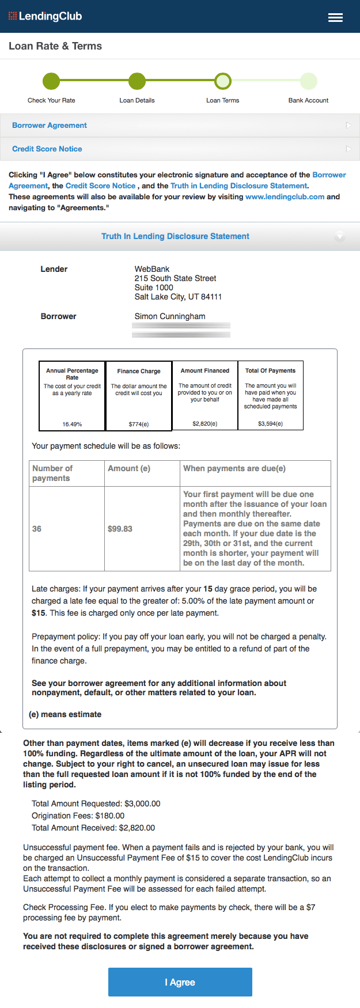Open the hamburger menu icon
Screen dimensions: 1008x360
click(335, 17)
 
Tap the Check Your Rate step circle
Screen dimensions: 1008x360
click(51, 81)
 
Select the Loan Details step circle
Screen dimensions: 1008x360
click(137, 81)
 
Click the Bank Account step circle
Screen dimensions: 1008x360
click(309, 81)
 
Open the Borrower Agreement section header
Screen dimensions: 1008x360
click(50, 125)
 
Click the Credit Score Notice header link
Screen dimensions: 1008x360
click(47, 149)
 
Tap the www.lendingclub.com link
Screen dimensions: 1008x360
click(285, 196)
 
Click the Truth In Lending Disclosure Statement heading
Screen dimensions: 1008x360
click(175, 236)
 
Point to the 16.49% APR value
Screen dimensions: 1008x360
click(72, 424)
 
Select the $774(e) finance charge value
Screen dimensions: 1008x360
click(139, 424)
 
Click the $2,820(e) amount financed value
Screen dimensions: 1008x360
click(205, 423)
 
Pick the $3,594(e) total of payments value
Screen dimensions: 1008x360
click(271, 423)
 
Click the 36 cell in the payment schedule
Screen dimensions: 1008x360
click(37, 529)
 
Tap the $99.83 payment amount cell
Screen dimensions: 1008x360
click(120, 529)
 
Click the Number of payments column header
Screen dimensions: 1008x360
click(52, 473)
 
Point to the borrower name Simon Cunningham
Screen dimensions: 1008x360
click(170, 316)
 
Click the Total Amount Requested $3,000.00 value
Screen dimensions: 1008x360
click(137, 804)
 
